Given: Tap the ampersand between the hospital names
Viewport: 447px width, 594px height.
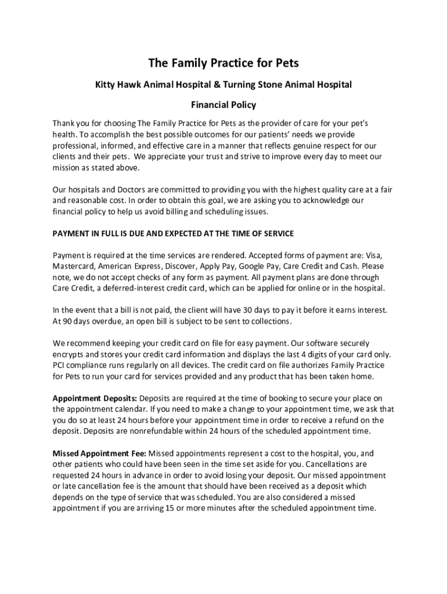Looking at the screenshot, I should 208,85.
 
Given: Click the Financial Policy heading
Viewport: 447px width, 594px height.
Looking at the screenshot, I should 223,106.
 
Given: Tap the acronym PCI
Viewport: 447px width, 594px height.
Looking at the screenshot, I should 60,365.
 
